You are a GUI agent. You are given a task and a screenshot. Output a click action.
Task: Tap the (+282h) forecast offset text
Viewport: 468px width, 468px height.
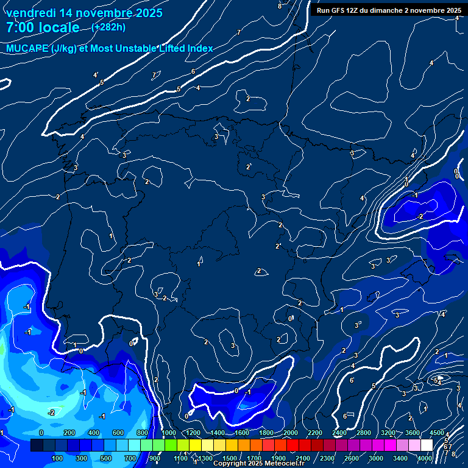(x=108, y=27)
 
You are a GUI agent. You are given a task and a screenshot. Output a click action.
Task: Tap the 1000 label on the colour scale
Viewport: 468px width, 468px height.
(x=169, y=432)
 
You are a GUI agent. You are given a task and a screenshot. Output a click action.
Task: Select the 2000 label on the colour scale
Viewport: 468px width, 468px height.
(x=291, y=432)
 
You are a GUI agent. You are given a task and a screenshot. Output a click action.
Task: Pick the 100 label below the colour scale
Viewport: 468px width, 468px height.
(x=58, y=458)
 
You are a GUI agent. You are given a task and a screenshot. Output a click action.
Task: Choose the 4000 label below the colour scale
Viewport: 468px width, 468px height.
(x=425, y=458)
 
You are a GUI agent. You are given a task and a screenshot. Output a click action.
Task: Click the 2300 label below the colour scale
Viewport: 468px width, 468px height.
(x=327, y=458)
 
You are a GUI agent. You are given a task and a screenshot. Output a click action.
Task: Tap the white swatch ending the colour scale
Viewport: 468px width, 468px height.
(x=427, y=445)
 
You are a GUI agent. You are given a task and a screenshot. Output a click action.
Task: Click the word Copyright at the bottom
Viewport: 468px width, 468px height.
(x=230, y=464)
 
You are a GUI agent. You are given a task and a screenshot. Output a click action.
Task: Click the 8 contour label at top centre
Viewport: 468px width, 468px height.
(x=280, y=6)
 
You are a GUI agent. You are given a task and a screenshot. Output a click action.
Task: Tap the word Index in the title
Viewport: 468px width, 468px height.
(x=200, y=48)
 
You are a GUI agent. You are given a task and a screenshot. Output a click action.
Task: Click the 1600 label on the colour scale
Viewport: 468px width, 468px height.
(x=242, y=432)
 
